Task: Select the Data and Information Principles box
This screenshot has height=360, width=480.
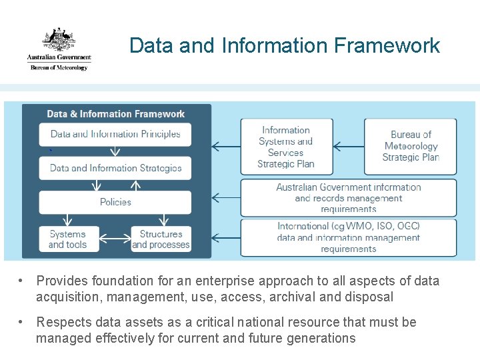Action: tap(115, 134)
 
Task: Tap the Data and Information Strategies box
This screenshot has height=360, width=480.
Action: tap(115, 168)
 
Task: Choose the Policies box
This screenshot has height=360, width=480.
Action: tap(115, 202)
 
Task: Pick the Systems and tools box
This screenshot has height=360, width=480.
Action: tap(67, 239)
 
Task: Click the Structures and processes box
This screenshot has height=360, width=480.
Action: tap(161, 239)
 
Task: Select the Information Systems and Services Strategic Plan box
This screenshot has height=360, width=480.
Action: tap(285, 147)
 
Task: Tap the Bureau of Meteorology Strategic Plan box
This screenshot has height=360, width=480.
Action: tap(410, 146)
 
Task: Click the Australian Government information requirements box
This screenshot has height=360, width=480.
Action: tap(349, 197)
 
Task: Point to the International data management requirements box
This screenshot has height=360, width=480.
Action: tap(349, 237)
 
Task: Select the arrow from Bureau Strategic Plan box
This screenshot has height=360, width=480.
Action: tap(347, 146)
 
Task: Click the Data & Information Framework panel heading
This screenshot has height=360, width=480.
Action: tap(116, 114)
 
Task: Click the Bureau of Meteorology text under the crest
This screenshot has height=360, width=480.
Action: tap(59, 67)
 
